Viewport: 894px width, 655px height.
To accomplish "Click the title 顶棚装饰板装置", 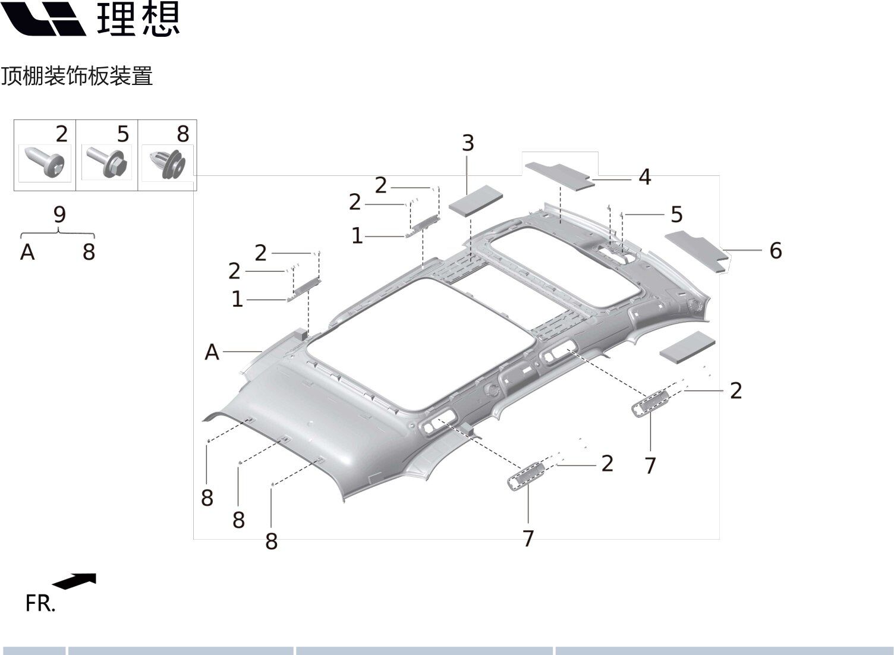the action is pos(77,76).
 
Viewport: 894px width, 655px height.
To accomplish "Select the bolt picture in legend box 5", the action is pos(107,162).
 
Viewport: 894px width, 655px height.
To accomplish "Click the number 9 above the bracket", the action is pos(59,215).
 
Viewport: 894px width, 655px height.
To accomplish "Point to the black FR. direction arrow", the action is pos(74,581).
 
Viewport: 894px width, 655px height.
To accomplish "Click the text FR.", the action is pos(40,603).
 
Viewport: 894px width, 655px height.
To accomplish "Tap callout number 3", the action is pos(468,143).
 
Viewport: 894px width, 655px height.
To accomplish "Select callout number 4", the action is pos(645,177).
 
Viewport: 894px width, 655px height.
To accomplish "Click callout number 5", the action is pos(676,215).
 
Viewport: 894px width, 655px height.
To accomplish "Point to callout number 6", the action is pos(776,251).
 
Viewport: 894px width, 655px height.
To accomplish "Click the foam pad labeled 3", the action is pos(476,200).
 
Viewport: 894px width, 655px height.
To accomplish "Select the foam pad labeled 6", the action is pos(697,251).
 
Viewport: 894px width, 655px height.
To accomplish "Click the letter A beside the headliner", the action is pos(212,352).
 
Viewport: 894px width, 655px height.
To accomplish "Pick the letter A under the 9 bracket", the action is pos(27,252).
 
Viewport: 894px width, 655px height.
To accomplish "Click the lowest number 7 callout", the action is pos(528,539).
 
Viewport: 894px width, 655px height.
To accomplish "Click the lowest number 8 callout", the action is pos(272,541).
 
